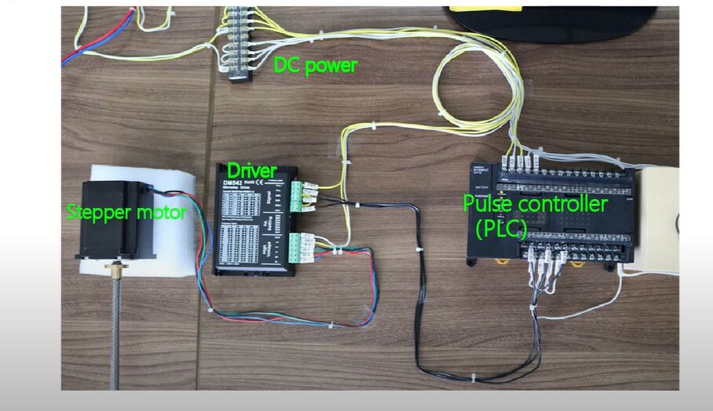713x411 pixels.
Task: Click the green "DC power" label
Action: coord(315,66)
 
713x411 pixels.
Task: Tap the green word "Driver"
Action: coord(251,169)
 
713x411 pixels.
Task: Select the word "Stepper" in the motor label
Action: coord(96,212)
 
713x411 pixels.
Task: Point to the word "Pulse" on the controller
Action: coord(486,205)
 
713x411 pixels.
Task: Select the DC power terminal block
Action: coord(239,43)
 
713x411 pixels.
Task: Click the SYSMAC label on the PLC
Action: coord(482,170)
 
